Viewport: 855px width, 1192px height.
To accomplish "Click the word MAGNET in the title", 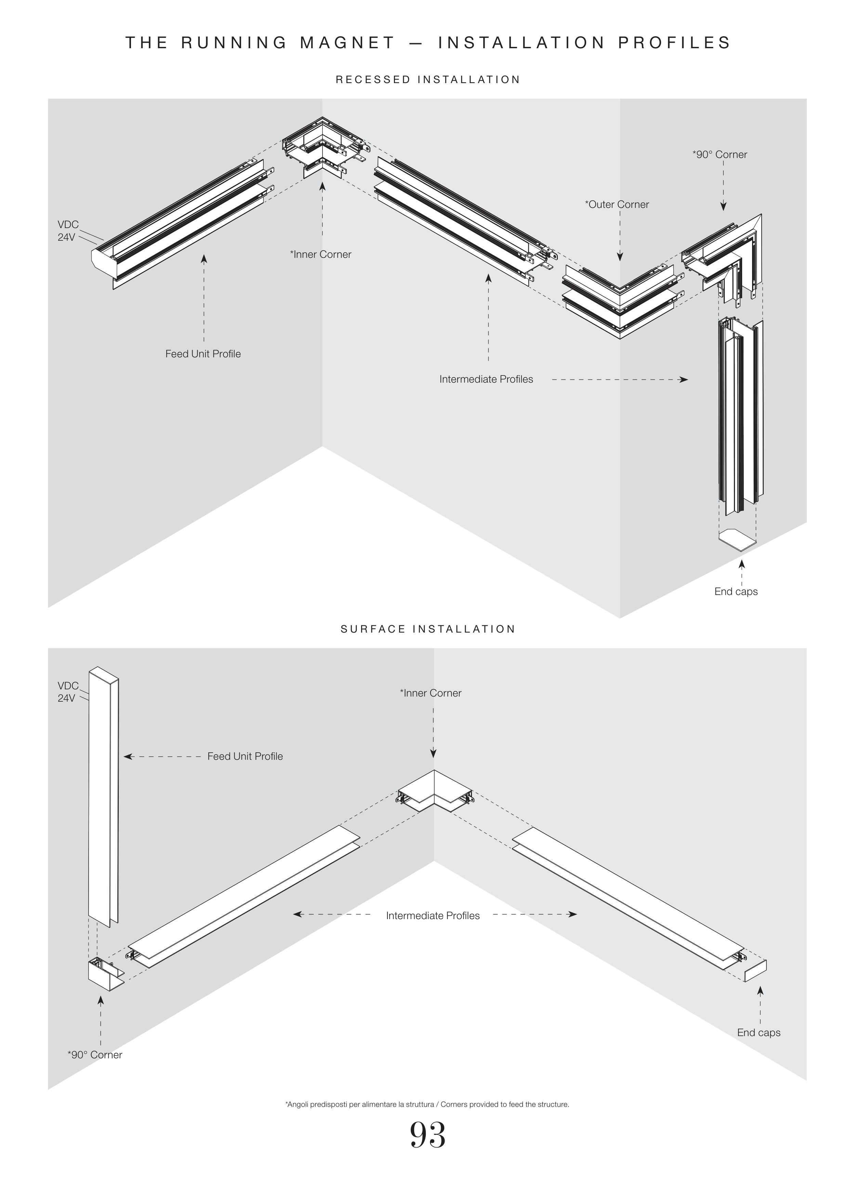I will [347, 42].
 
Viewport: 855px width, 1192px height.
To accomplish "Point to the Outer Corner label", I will [617, 204].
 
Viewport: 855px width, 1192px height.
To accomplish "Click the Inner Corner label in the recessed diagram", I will [320, 254].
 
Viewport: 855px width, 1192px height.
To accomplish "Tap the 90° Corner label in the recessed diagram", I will [720, 155].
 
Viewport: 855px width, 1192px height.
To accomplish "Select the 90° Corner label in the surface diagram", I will [95, 1055].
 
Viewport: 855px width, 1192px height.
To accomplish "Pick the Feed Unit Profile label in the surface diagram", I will [245, 756].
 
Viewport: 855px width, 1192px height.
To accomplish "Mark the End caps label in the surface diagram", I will [758, 1033].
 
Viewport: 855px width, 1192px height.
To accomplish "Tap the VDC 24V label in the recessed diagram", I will [68, 231].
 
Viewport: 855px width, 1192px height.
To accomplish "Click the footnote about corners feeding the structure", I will [427, 1104].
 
